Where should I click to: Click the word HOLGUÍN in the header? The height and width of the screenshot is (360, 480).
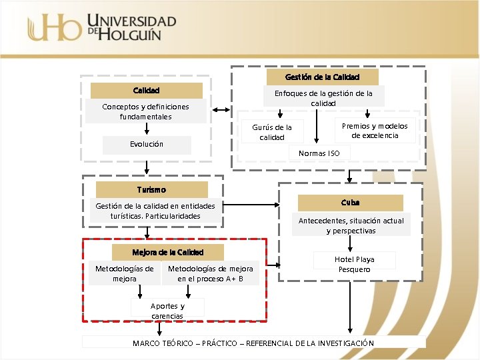click(131, 34)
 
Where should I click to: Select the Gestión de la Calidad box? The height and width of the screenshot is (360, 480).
click(322, 77)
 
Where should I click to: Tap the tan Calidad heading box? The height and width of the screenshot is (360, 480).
click(146, 91)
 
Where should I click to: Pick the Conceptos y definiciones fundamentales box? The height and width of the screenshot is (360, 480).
click(145, 111)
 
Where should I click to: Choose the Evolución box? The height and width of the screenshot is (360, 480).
click(147, 144)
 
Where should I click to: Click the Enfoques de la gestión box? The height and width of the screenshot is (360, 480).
click(323, 98)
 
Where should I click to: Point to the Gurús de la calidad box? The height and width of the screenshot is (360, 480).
click(271, 132)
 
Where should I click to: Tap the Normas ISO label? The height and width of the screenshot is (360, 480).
click(319, 153)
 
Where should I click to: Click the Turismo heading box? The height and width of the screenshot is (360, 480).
click(151, 190)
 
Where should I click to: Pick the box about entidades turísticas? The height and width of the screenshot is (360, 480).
click(155, 211)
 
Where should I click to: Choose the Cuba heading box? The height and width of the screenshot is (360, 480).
click(350, 203)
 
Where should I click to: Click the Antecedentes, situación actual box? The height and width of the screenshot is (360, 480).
click(351, 225)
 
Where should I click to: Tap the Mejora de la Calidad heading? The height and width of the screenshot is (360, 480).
click(167, 253)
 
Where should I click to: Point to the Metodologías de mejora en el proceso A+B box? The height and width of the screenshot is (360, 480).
click(210, 273)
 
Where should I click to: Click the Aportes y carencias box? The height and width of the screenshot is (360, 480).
click(167, 311)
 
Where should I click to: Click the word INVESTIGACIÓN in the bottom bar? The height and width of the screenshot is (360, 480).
click(339, 343)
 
